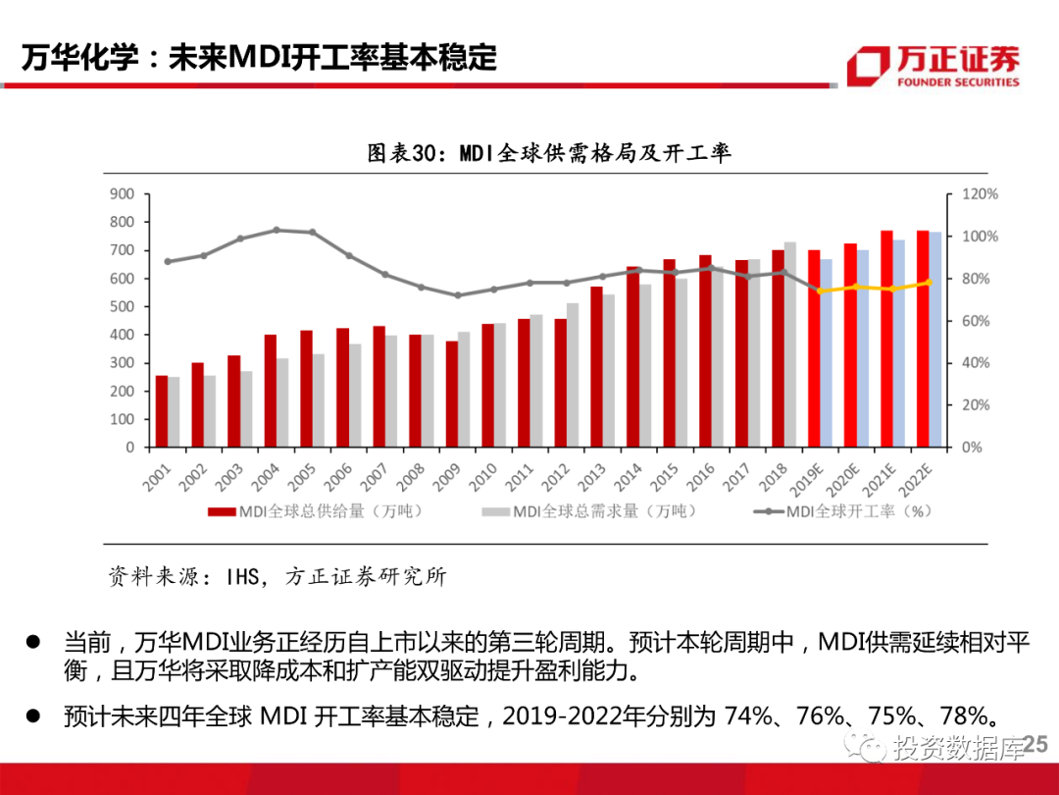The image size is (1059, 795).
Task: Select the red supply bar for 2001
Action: [x=162, y=411]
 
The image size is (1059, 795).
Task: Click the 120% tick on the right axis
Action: [x=977, y=194]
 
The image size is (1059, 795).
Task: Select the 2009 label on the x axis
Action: [x=447, y=475]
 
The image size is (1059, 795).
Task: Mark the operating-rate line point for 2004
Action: [x=277, y=230]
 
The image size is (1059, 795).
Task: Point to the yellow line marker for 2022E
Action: [x=928, y=283]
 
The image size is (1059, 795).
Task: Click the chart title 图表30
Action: [x=548, y=154]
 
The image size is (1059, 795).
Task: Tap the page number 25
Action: [x=1035, y=745]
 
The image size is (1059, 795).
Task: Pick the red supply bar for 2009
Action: [x=452, y=394]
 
